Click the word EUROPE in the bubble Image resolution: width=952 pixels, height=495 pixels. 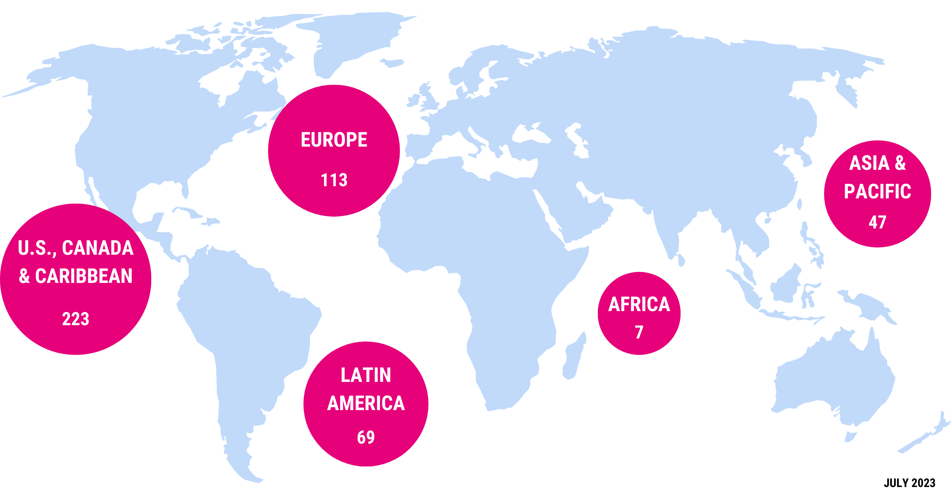[334, 140]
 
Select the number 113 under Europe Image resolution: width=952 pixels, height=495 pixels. [334, 180]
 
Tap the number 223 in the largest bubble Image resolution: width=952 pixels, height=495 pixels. [75, 319]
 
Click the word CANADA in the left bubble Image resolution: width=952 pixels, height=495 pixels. [98, 248]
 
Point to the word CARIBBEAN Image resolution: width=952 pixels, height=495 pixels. [84, 276]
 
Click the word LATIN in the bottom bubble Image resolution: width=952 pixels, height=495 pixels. [366, 375]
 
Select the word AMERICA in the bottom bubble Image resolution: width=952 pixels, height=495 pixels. [366, 403]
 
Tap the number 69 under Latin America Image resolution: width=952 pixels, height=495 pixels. [366, 437]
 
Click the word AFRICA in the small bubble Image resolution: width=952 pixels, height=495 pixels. [639, 304]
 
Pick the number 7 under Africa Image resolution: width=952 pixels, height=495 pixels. [639, 332]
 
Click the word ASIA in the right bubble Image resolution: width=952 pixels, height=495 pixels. [869, 163]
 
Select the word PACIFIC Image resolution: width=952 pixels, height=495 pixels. [877, 192]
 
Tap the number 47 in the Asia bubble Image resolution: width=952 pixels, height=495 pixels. [877, 222]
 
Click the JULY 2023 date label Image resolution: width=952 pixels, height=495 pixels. [909, 483]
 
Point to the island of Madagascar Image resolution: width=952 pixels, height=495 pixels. [573, 358]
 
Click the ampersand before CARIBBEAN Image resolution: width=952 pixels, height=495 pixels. [24, 276]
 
